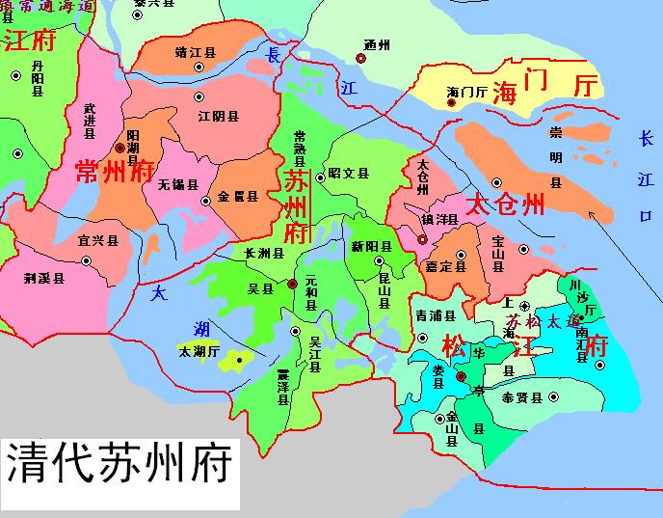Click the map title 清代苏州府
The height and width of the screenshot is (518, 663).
click(119, 464)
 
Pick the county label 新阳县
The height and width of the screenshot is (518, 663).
click(371, 246)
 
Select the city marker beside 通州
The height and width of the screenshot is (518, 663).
click(360, 59)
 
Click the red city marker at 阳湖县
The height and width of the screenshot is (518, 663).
click(119, 149)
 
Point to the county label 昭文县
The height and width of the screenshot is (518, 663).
click(349, 174)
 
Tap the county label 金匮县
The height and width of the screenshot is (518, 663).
click(238, 196)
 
